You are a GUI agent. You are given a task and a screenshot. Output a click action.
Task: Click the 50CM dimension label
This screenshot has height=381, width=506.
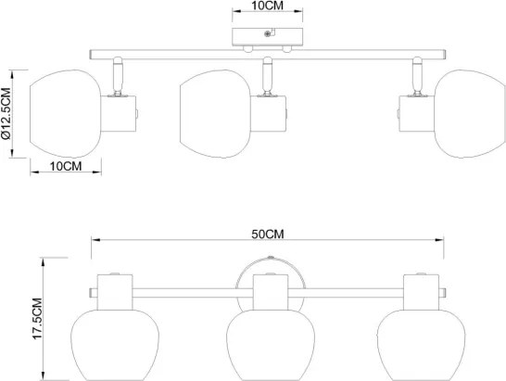[x=268, y=235]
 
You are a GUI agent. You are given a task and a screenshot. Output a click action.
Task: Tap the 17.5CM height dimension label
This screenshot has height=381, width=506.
[x=37, y=319]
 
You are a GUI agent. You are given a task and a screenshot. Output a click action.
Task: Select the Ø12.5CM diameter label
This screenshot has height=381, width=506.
[x=6, y=113]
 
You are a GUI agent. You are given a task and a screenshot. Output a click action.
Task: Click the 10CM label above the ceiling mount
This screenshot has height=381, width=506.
[x=267, y=6]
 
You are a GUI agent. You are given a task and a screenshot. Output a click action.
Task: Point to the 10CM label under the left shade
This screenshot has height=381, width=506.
[x=66, y=167]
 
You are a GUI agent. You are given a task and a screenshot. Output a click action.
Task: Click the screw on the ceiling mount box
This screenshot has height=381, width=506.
[x=267, y=33]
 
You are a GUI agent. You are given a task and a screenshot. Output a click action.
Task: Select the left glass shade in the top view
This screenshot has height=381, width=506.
[x=66, y=114]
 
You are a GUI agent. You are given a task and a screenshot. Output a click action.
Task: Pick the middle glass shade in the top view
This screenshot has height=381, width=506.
[x=215, y=114]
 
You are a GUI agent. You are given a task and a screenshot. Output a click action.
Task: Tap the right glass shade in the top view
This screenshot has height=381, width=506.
[x=470, y=114]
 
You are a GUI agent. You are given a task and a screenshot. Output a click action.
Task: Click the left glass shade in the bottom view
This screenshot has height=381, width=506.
[x=115, y=345]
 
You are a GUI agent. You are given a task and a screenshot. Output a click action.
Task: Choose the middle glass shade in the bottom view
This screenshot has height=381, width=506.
[x=271, y=345]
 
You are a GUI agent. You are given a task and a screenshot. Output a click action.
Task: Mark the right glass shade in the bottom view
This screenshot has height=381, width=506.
[x=421, y=345]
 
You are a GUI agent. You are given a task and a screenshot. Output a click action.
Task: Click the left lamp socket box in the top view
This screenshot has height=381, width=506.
[x=119, y=114]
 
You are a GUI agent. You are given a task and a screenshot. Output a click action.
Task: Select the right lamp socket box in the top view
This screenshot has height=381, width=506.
[x=417, y=114]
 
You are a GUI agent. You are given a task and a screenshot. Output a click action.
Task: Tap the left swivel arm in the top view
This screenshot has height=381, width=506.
[x=118, y=76]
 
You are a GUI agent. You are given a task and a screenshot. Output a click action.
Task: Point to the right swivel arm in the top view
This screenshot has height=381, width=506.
[x=417, y=76]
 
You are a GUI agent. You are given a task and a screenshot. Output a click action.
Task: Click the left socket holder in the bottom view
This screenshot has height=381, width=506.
[x=115, y=292]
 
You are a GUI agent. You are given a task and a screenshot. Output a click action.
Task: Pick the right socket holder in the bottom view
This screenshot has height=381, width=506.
[x=421, y=292]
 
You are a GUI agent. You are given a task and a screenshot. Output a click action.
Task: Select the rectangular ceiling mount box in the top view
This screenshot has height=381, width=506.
[x=268, y=37]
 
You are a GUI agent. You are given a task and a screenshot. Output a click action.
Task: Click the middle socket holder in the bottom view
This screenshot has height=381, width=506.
[x=271, y=292]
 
